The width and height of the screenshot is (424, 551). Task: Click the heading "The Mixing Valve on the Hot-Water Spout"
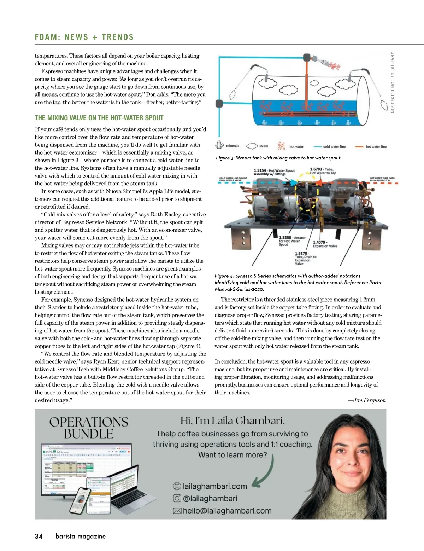[x=99, y=118]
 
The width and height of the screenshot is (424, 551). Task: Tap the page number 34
[x=39, y=536]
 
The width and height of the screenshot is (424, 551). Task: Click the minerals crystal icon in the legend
[x=219, y=145]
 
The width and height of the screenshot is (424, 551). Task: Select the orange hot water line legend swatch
[x=359, y=146]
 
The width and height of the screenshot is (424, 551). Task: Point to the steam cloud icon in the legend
[x=252, y=146]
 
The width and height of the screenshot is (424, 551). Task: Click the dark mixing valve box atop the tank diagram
[x=307, y=57]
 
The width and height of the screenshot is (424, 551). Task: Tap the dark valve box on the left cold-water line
[x=219, y=104]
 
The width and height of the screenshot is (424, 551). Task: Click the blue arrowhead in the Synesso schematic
[x=293, y=182]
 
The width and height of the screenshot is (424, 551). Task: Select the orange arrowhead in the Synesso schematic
[x=318, y=182]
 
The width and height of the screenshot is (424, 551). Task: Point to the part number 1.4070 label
[x=319, y=242]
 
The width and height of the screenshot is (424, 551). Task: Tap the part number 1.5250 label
[x=285, y=238]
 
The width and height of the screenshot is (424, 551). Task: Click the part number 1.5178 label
[x=301, y=253]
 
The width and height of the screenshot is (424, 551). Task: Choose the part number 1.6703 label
[x=316, y=169]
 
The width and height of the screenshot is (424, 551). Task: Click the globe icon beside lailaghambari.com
[x=177, y=486]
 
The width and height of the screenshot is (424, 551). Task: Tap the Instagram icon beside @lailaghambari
[x=177, y=498]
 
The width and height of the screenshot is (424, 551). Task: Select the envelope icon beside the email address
[x=177, y=511]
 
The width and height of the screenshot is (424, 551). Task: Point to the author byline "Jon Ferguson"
[x=369, y=400]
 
